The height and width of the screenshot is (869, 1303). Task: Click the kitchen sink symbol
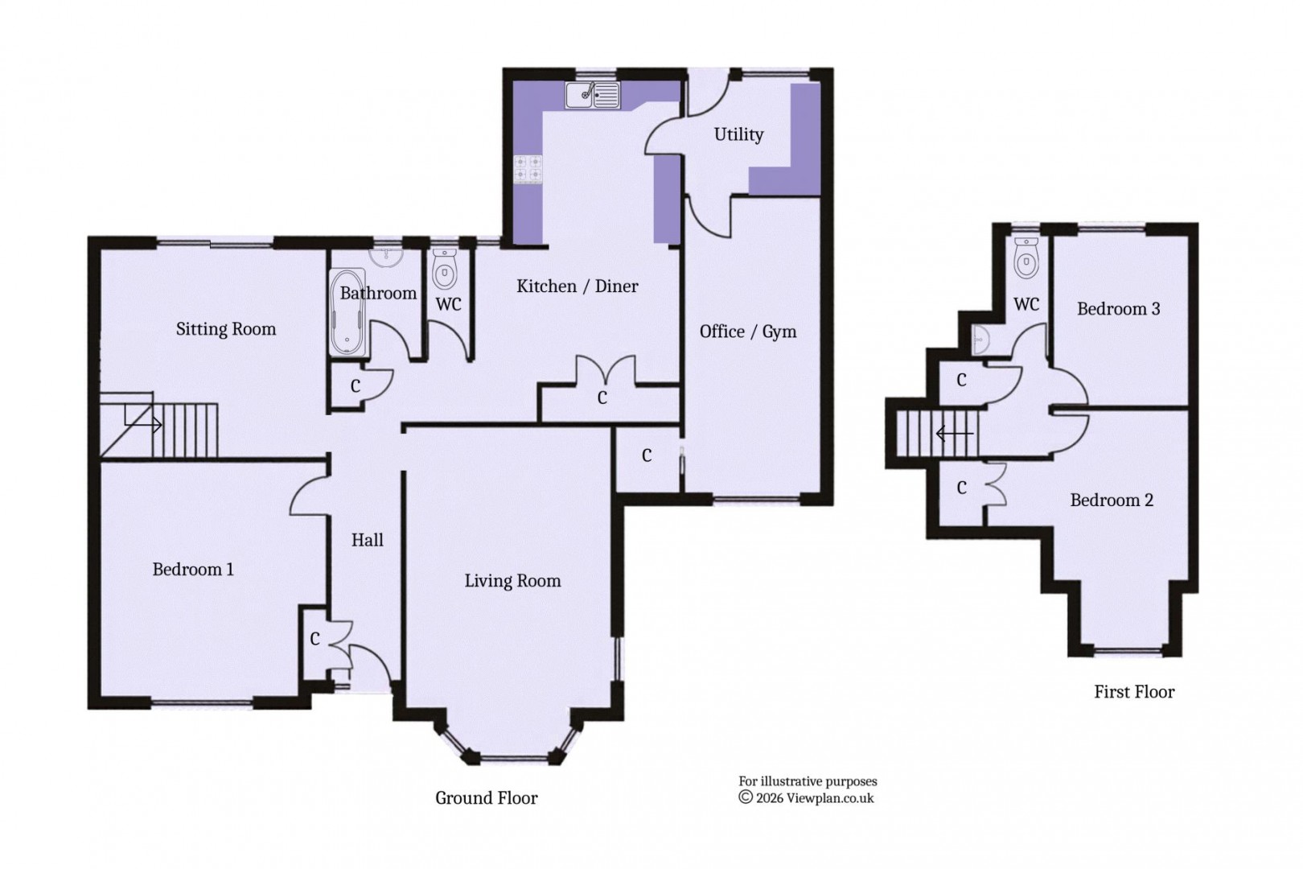[593, 95]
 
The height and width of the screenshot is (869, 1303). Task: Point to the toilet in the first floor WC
[1026, 258]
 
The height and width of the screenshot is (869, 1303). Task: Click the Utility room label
[738, 134]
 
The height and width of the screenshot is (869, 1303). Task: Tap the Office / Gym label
[747, 332]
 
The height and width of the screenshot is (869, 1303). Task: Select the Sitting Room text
[226, 328]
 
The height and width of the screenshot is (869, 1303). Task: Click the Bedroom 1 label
[193, 570]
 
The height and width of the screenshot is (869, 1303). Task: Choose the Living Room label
[512, 581]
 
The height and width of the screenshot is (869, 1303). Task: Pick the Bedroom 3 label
[1118, 309]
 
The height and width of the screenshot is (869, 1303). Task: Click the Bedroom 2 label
[1112, 500]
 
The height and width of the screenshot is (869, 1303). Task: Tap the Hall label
[367, 540]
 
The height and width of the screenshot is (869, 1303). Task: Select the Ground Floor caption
[486, 797]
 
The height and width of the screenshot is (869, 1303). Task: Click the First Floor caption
[1133, 691]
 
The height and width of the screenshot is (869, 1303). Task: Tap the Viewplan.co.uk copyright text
[806, 797]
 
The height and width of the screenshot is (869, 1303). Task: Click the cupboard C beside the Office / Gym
[647, 456]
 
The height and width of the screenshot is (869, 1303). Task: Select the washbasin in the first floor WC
[979, 339]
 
